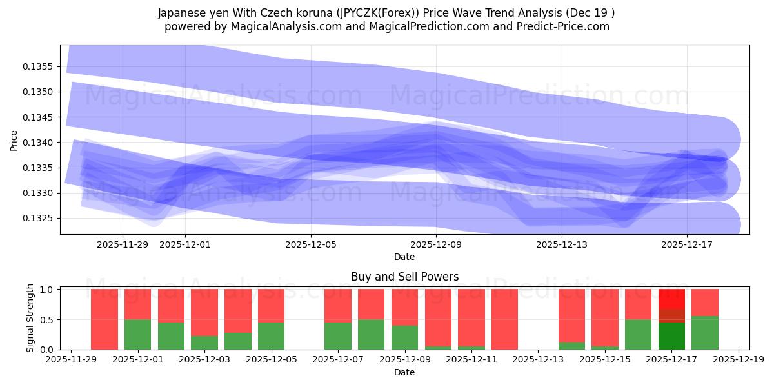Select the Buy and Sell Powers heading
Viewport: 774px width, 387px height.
(404, 277)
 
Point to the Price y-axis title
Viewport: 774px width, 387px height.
(14, 140)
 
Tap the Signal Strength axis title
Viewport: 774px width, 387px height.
(30, 318)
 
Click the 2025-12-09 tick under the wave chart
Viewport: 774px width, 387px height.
(437, 244)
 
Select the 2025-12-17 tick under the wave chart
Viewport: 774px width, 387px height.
(687, 244)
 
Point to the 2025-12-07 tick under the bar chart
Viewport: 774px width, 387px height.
(338, 360)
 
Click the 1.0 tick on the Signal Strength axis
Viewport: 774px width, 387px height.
(49, 290)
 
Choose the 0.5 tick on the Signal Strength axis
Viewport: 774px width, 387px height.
(49, 320)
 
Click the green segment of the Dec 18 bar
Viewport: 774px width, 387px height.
(704, 333)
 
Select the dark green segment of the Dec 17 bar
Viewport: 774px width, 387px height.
(671, 336)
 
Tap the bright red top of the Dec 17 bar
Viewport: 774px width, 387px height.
(671, 299)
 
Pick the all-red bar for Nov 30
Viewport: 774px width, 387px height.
(104, 319)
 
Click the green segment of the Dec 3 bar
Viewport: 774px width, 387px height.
(204, 342)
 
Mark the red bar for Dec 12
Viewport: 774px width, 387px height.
(504, 319)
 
